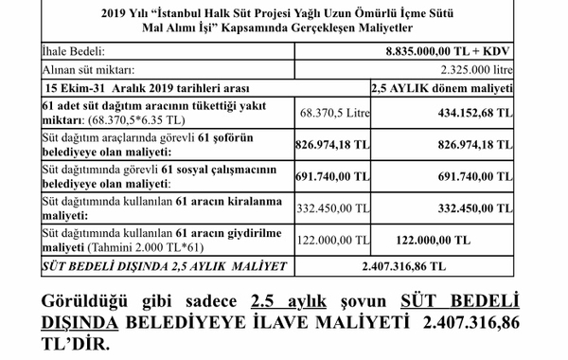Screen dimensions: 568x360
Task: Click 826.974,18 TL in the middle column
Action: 328,143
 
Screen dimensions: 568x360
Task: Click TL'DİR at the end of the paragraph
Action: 79,344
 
